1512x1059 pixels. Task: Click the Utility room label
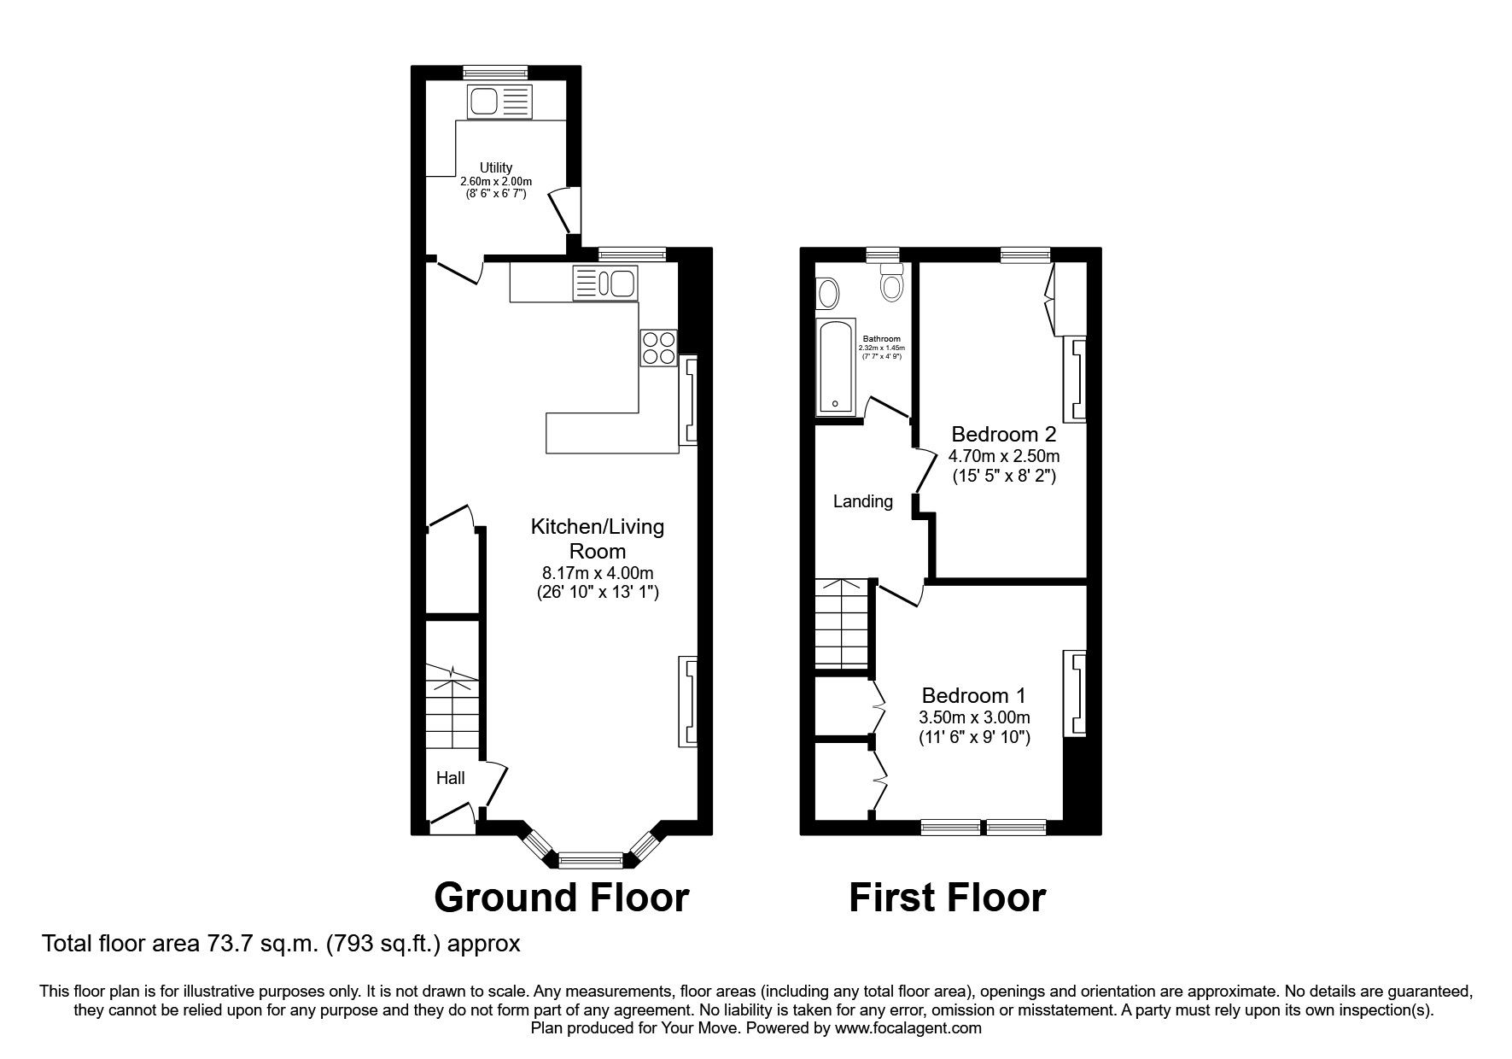[496, 168]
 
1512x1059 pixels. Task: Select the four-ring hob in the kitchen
[658, 348]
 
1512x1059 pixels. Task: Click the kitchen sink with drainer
[605, 283]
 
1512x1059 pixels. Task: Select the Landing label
[862, 501]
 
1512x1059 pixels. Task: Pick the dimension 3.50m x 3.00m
[974, 717]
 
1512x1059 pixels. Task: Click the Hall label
[451, 778]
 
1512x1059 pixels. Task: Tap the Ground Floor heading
[561, 898]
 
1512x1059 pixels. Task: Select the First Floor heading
[947, 898]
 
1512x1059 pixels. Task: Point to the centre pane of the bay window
[590, 859]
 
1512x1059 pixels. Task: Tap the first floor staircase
[843, 623]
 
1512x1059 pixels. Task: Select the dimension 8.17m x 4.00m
[597, 573]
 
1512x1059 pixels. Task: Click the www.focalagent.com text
[908, 1028]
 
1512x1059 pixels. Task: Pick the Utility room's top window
[495, 73]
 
